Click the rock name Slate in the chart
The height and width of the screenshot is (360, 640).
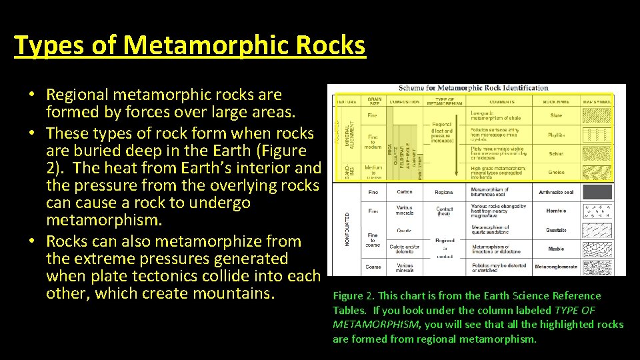coord(556,116)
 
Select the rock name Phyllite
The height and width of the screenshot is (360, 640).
coord(556,135)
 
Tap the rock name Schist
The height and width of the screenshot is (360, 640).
coord(556,153)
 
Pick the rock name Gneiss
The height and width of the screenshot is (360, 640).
coord(556,172)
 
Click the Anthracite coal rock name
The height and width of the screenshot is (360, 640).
coord(556,192)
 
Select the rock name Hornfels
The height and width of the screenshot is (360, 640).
coord(556,211)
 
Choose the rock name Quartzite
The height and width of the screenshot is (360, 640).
coord(556,230)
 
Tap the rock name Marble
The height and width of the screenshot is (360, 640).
coord(556,249)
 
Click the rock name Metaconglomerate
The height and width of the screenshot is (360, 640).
coord(556,267)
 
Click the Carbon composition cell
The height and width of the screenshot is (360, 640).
coord(404,192)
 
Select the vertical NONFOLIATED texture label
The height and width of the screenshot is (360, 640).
coord(348,229)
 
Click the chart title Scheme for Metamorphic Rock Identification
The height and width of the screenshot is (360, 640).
coord(473,88)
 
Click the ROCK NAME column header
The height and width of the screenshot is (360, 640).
coord(556,102)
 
